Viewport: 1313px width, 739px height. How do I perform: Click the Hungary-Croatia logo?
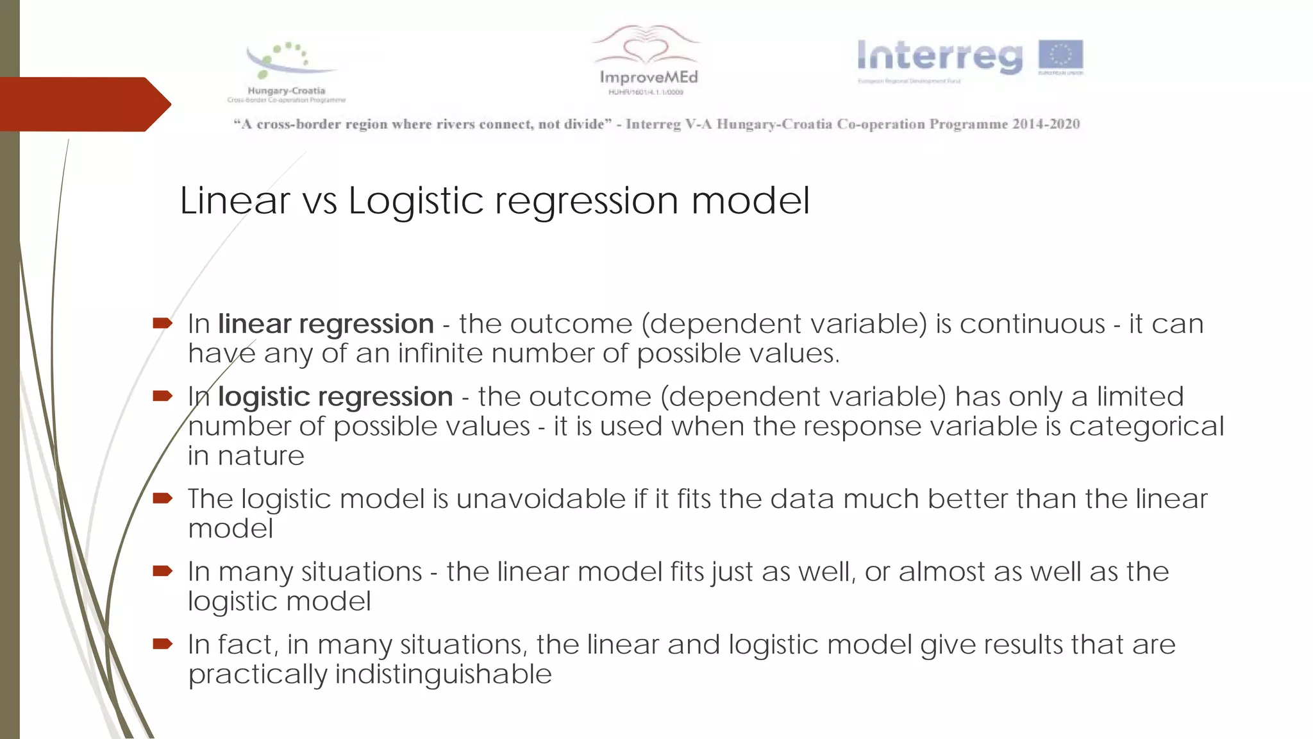coord(287,71)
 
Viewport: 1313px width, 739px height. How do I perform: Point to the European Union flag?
coord(1061,56)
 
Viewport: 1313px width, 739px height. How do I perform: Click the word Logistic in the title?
coord(416,200)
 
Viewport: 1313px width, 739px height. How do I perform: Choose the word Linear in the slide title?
coord(235,200)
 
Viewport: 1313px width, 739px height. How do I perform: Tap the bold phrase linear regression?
coord(326,324)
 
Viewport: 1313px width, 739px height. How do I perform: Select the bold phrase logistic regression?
coord(335,396)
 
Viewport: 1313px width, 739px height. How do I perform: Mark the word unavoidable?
coord(540,499)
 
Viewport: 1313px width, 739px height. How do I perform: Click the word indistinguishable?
coord(443,674)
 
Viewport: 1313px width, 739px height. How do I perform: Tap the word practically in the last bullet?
coord(257,674)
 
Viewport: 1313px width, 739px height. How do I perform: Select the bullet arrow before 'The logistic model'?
coord(163,498)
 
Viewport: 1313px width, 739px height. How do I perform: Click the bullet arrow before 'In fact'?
coord(163,643)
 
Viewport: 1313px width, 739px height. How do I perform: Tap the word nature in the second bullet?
coord(261,456)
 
